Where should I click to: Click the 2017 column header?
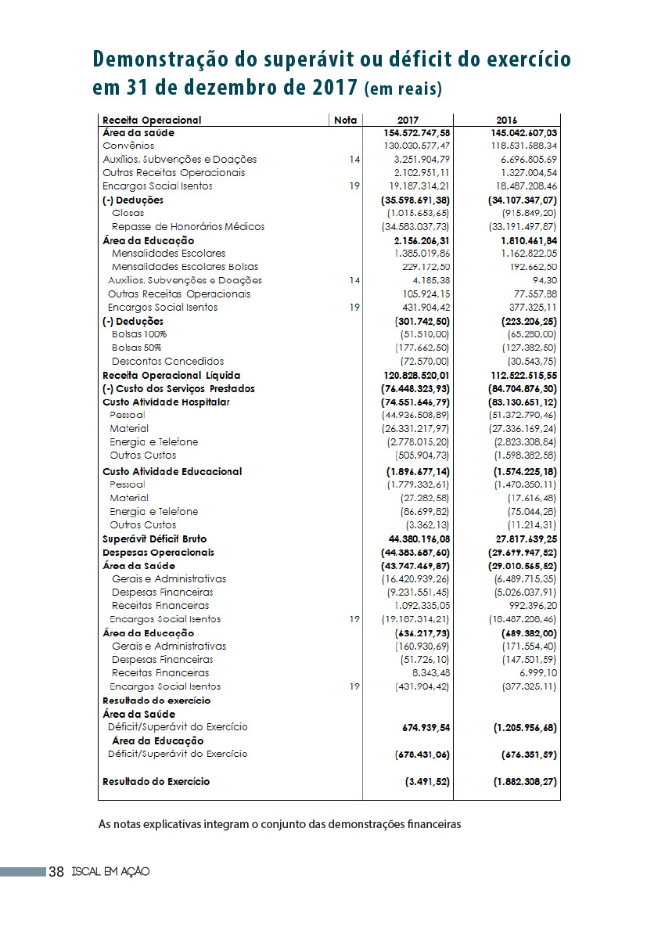tap(408, 120)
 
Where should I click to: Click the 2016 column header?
tap(506, 120)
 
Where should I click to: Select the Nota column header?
tap(345, 120)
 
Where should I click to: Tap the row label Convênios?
tap(128, 146)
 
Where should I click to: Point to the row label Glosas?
tap(128, 213)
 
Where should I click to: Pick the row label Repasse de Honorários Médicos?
tap(188, 226)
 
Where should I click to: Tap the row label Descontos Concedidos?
tap(167, 362)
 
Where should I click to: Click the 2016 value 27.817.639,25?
tap(516, 539)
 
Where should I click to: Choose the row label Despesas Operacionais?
tap(158, 552)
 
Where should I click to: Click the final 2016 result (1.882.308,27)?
tap(525, 781)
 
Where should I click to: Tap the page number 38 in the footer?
tap(56, 871)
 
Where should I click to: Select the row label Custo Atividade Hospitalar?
tap(166, 402)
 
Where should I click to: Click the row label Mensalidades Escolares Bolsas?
tap(185, 267)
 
